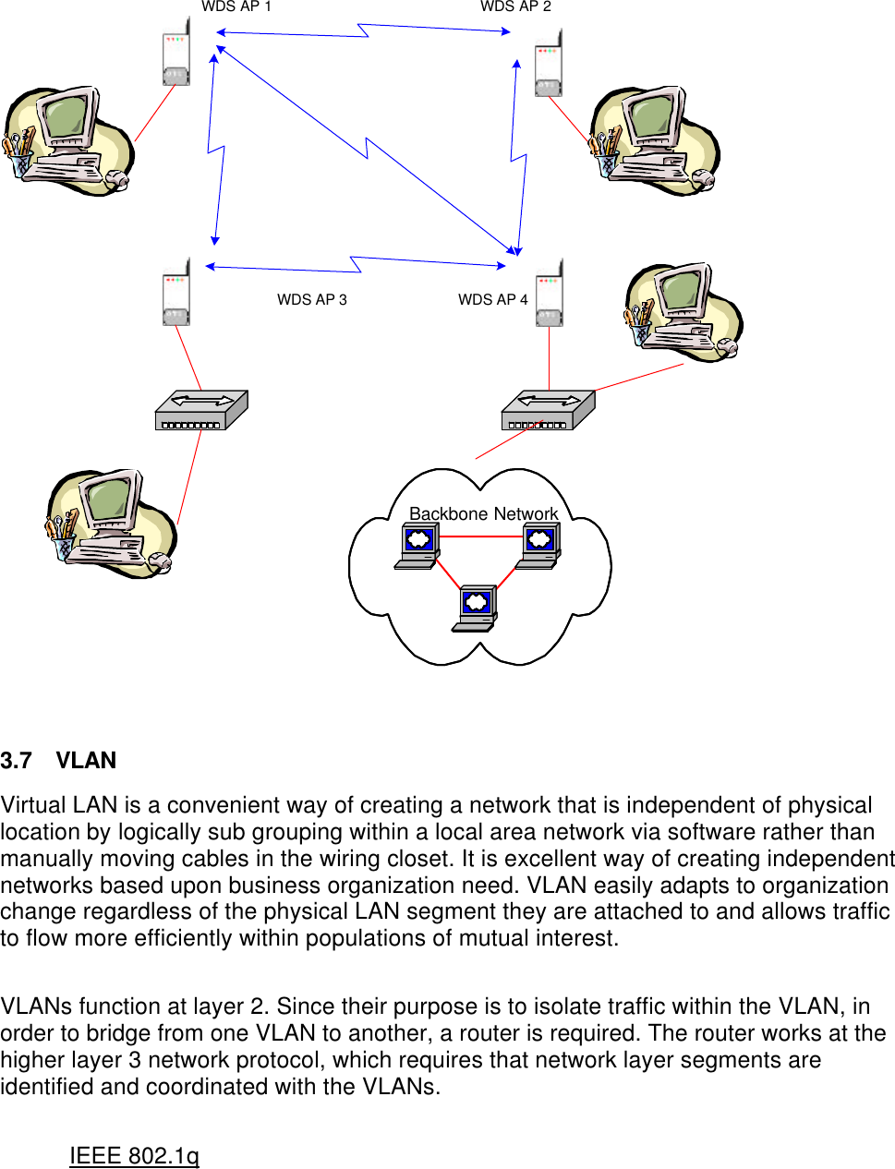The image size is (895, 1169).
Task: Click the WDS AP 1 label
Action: click(236, 6)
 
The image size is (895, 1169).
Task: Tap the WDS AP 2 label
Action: click(515, 6)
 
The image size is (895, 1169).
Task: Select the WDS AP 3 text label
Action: click(311, 299)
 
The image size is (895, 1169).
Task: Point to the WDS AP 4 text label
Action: click(492, 299)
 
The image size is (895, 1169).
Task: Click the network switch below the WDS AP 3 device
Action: click(201, 410)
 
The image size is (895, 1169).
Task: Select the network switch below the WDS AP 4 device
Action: click(548, 410)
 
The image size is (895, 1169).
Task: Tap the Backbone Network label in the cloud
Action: click(483, 513)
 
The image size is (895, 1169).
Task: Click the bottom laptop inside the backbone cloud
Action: click(475, 609)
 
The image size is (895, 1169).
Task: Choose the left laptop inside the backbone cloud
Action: click(417, 545)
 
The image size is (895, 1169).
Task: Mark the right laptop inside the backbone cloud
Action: click(538, 545)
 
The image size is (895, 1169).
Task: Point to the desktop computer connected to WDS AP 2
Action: click(654, 140)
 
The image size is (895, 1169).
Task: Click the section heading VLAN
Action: click(86, 761)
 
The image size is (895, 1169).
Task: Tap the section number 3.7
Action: click(16, 761)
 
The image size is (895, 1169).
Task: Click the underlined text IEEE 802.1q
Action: click(134, 1156)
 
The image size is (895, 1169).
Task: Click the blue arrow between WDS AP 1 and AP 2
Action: click(364, 31)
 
